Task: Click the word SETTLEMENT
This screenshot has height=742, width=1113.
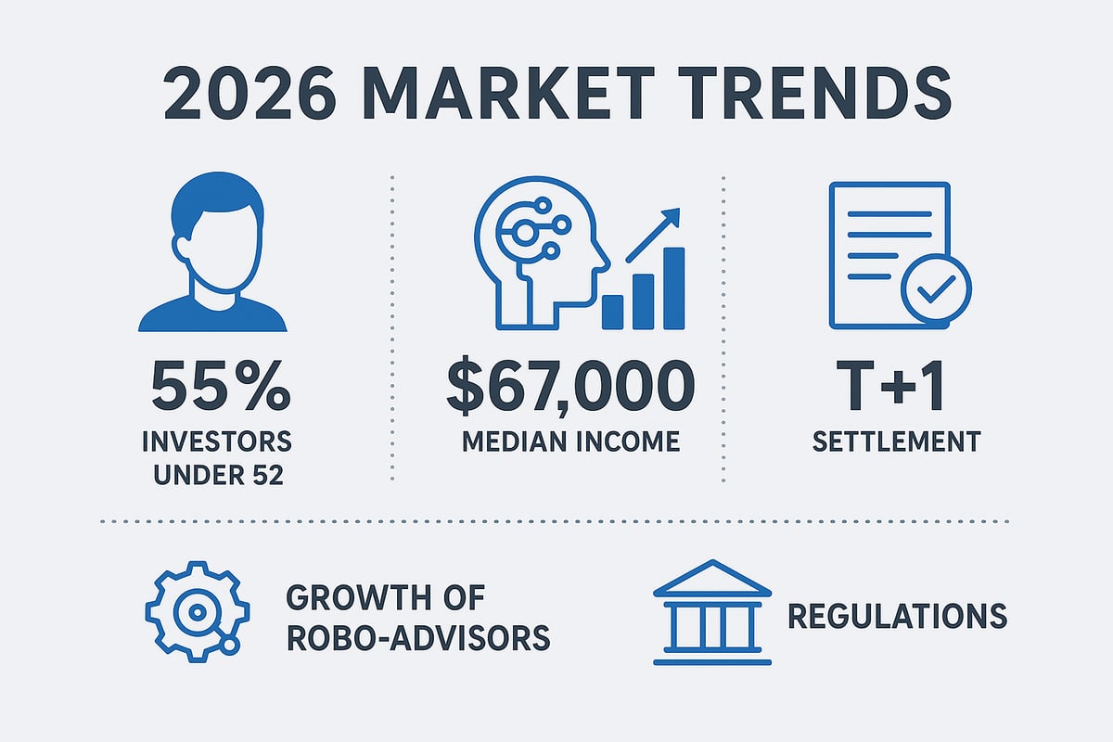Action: point(896,441)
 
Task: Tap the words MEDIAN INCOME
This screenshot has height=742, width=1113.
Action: point(570,441)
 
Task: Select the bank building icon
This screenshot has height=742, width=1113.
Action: point(712,612)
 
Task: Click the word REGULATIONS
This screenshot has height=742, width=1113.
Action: point(897,616)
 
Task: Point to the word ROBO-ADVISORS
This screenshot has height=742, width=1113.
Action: point(417,638)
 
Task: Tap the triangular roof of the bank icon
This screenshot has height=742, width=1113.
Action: point(712,579)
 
